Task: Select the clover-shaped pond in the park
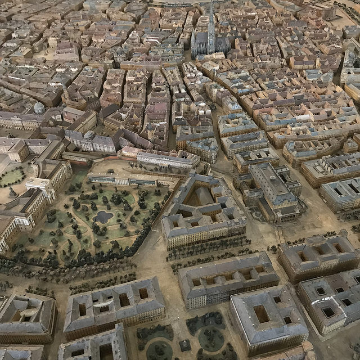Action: pyautogui.click(x=103, y=217)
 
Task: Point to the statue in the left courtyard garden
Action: pyautogui.click(x=12, y=192)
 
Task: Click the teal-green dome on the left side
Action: pyautogui.click(x=39, y=107)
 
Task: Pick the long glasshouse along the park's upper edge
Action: pyautogui.click(x=121, y=179)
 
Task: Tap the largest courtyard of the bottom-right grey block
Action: pyautogui.click(x=261, y=313)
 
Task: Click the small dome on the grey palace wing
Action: pyautogui.click(x=89, y=136)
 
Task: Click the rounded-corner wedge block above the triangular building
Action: pyautogui.click(x=202, y=150)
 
